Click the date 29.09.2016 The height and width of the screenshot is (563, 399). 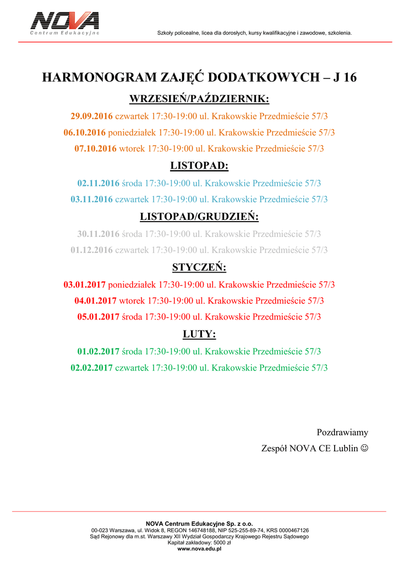click(91, 117)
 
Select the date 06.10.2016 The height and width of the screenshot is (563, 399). click(84, 133)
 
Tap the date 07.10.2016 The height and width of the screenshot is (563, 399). click(95, 148)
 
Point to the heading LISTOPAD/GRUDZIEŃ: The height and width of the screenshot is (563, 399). click(199, 217)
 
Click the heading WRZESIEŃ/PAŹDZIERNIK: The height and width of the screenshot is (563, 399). click(199, 99)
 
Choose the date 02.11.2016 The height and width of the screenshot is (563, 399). click(98, 183)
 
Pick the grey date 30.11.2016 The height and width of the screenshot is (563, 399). click(98, 234)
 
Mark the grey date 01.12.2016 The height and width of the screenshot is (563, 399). click(91, 250)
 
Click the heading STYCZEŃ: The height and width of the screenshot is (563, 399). click(199, 268)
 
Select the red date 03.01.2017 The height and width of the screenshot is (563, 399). click(84, 285)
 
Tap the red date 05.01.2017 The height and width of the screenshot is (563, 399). click(98, 317)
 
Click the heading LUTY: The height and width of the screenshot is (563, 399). click(199, 334)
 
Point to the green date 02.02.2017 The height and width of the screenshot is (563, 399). click(91, 367)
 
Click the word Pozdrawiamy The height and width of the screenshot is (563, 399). click(342, 432)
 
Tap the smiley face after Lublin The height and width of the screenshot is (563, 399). click(364, 449)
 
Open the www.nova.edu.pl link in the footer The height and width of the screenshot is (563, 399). click(199, 549)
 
